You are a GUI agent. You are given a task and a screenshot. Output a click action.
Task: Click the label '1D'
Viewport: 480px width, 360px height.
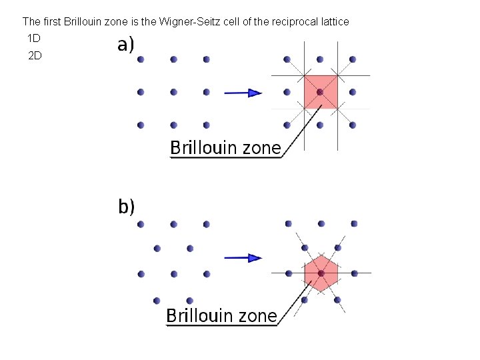pyautogui.click(x=35, y=38)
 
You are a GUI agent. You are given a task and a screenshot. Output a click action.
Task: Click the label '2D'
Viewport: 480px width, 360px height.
pyautogui.click(x=35, y=55)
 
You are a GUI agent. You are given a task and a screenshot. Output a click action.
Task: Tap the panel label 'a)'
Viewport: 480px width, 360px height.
pyautogui.click(x=126, y=45)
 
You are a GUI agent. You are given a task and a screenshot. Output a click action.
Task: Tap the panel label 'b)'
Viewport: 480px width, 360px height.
pyautogui.click(x=127, y=207)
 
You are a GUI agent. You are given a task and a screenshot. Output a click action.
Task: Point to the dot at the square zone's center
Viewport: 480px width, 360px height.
pyautogui.click(x=320, y=91)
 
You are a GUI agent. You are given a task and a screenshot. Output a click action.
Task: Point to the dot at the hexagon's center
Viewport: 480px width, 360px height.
pyautogui.click(x=321, y=273)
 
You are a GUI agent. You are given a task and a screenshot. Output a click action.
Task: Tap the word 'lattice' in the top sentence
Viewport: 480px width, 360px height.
pyautogui.click(x=332, y=22)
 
